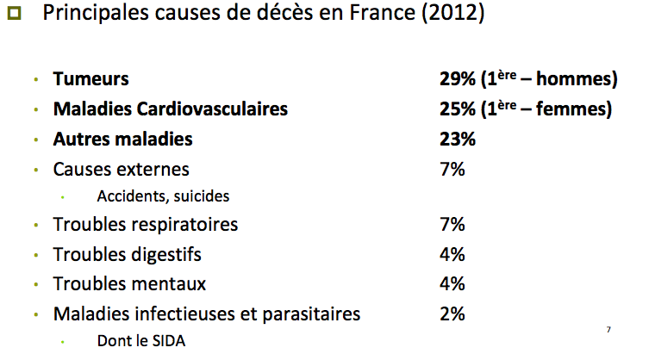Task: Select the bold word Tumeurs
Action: [x=90, y=79]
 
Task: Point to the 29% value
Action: [x=457, y=79]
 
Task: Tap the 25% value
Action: [x=457, y=110]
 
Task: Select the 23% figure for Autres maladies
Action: [x=457, y=139]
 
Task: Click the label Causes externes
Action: [x=121, y=169]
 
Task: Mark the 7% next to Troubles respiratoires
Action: [x=452, y=225]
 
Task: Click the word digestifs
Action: [x=165, y=255]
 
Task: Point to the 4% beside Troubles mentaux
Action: [x=452, y=283]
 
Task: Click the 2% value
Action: [x=452, y=313]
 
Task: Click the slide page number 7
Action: [x=608, y=330]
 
